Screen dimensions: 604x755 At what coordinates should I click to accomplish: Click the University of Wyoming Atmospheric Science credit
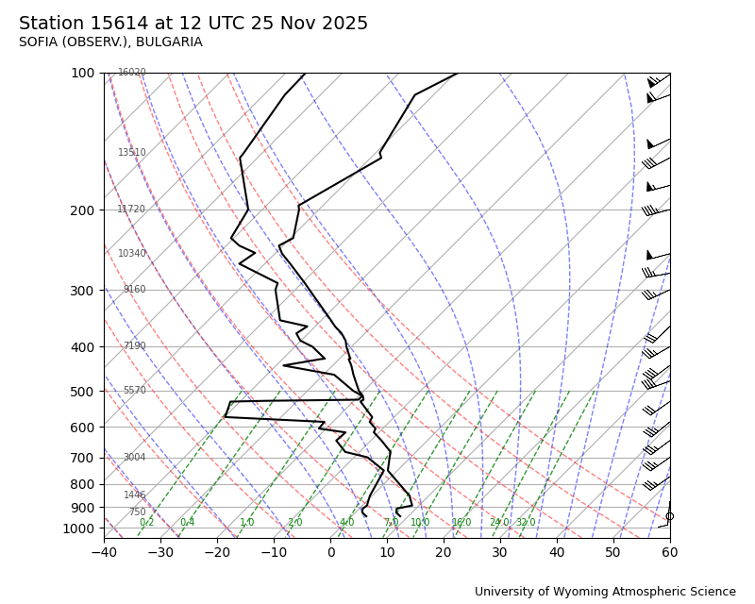click(x=605, y=592)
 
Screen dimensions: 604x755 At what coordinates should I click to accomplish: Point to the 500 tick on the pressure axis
click(x=82, y=392)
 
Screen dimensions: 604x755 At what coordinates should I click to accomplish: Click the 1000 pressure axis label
click(x=78, y=528)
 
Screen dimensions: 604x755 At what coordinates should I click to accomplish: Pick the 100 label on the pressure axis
click(x=82, y=73)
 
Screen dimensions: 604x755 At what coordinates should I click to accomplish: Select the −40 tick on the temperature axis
click(x=104, y=552)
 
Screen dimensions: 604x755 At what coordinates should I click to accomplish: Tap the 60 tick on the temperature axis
click(x=670, y=552)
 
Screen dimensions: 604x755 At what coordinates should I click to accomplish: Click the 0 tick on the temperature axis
click(x=330, y=552)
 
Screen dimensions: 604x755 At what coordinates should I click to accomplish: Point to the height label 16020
click(x=132, y=73)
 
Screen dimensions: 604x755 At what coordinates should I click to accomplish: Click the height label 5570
click(x=135, y=391)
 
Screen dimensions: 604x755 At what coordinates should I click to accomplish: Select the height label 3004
click(x=135, y=458)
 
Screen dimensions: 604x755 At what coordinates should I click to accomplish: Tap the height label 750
click(x=138, y=512)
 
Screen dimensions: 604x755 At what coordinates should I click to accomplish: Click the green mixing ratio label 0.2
click(x=146, y=523)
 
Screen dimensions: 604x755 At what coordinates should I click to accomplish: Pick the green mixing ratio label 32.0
click(x=526, y=523)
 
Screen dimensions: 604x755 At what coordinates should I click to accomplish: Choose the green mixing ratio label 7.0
click(x=391, y=523)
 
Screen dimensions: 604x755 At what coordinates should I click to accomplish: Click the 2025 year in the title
click(x=345, y=24)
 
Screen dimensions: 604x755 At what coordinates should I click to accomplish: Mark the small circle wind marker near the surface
click(x=670, y=516)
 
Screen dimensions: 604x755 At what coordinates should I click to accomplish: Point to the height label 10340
click(x=132, y=254)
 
